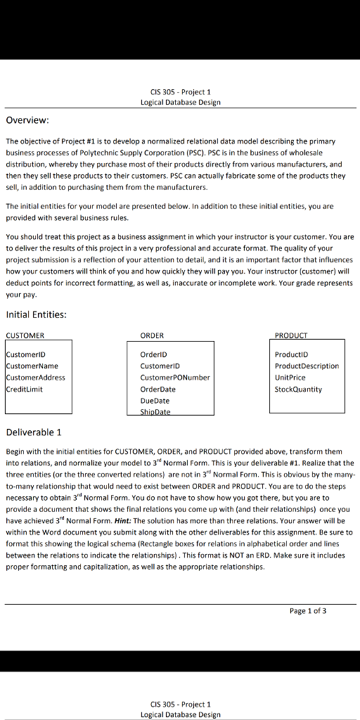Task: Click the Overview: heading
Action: [27, 120]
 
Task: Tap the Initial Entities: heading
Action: [36, 314]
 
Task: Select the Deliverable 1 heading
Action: [34, 432]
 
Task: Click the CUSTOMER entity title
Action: [25, 335]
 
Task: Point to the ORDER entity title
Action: [152, 335]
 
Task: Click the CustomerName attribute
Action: [33, 366]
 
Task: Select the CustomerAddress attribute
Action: [36, 378]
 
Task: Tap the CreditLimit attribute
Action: [25, 389]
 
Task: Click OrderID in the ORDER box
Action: [153, 354]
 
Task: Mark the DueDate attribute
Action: [155, 400]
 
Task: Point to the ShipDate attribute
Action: [155, 411]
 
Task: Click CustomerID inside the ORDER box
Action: [160, 366]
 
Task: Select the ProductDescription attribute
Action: [307, 366]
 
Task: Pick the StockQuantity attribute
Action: [298, 389]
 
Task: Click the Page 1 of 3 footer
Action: [308, 610]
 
